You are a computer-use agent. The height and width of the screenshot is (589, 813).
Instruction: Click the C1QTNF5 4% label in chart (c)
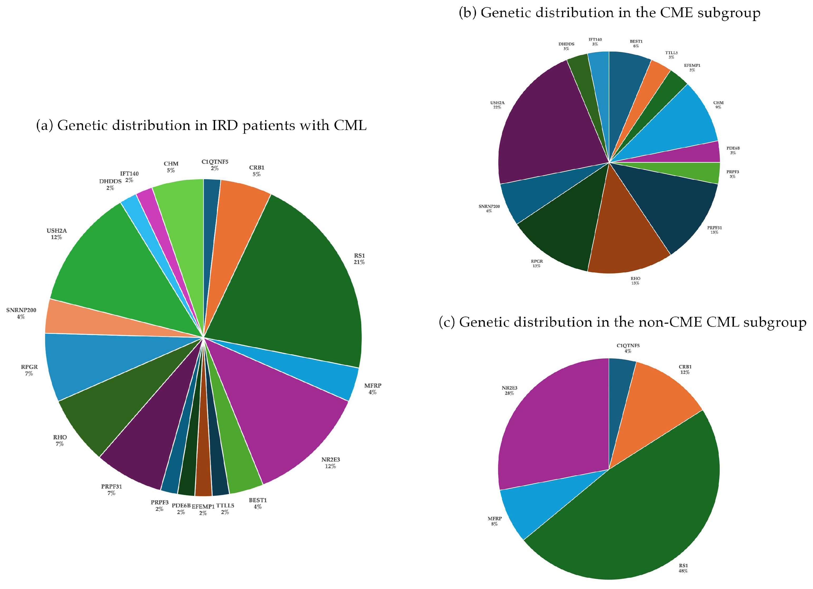[x=628, y=348]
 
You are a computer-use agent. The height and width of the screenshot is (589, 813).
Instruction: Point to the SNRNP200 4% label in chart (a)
[x=21, y=313]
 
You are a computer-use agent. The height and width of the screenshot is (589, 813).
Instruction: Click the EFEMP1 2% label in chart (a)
[x=203, y=510]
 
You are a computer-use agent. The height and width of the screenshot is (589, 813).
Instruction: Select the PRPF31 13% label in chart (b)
[x=714, y=230]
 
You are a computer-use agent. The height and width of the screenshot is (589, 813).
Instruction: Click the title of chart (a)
[x=201, y=125]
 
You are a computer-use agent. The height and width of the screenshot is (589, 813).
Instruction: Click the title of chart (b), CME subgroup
[x=609, y=13]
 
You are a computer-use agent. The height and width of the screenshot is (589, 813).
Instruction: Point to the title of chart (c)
[x=622, y=322]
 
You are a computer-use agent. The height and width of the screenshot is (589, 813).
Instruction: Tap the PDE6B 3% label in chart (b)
[x=733, y=150]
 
